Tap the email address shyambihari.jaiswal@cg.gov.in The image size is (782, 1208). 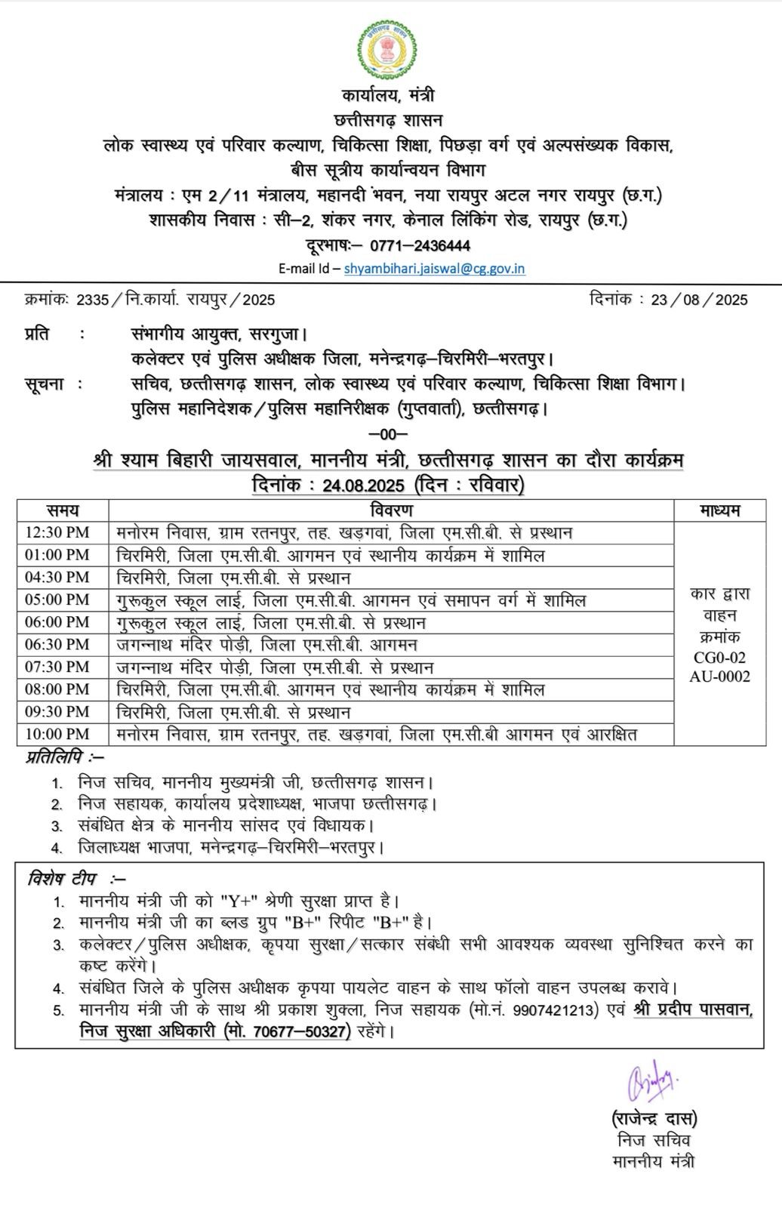(434, 268)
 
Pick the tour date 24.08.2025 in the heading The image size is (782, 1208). (362, 485)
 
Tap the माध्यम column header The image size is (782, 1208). (719, 510)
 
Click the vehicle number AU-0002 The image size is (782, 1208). (719, 676)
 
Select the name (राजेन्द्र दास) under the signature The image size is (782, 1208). (654, 1118)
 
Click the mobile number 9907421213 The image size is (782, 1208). (556, 1009)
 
